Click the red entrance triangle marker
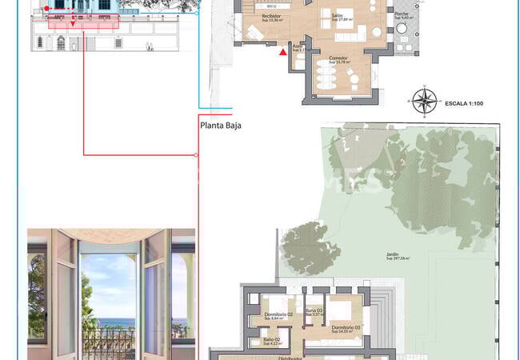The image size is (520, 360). [282, 53]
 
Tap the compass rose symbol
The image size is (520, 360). [425, 102]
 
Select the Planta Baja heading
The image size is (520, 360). [221, 125]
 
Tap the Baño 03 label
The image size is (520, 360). [314, 311]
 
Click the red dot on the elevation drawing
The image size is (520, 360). [47, 9]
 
